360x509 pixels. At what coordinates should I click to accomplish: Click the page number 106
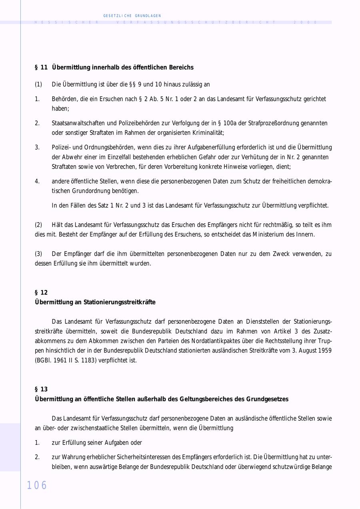tap(37, 485)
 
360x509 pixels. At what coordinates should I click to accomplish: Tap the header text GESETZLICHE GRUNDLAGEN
tap(132, 16)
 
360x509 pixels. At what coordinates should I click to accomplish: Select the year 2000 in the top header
tap(306, 22)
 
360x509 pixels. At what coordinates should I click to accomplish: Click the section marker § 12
tap(41, 293)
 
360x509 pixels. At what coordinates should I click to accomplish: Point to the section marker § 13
tap(41, 389)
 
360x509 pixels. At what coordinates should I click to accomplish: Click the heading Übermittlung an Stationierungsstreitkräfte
tap(95, 302)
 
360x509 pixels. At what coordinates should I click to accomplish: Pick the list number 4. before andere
tap(37, 181)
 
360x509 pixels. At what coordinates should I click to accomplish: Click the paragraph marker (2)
tap(38, 225)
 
